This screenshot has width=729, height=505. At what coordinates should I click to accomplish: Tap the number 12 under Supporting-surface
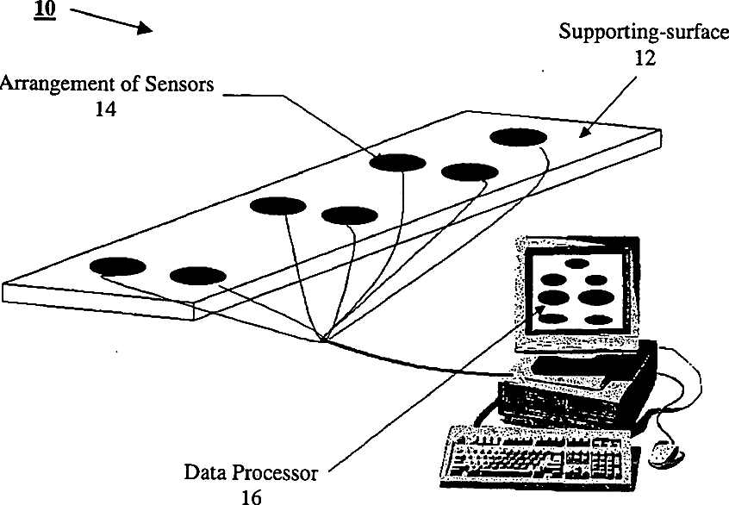645,59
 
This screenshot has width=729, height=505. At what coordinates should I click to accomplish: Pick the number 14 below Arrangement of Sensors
107,109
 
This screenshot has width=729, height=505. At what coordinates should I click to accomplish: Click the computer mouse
663,451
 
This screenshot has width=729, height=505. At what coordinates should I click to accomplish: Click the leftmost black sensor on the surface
117,266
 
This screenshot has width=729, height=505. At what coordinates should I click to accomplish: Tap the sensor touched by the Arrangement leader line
399,162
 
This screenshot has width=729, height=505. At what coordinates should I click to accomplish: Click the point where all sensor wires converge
321,339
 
